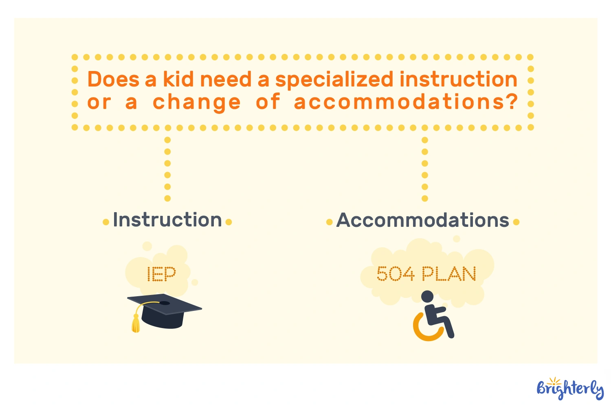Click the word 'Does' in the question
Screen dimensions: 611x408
113,79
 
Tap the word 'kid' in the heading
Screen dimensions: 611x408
178,79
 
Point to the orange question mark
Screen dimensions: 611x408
512,101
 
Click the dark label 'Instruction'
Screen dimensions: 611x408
167,220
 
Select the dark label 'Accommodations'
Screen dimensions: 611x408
422,220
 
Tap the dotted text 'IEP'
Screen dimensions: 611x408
161,274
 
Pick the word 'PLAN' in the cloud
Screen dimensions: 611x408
449,274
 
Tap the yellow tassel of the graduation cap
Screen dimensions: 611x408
136,323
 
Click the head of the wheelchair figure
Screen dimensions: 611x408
427,297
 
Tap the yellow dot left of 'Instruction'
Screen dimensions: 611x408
106,222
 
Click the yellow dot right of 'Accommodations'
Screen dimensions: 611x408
516,222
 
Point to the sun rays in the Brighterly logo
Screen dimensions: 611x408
554,381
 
